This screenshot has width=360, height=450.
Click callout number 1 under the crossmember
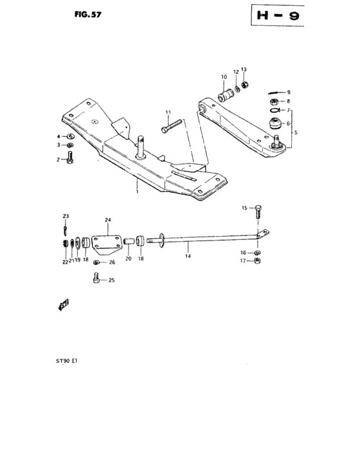(136, 191)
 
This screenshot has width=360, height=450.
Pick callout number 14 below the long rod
(188, 256)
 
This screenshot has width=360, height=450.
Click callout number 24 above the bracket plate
(108, 220)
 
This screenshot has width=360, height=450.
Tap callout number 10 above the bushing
(224, 78)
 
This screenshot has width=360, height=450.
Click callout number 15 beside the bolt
(244, 208)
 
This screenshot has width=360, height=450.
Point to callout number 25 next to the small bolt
(111, 280)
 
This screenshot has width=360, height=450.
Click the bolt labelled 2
(69, 159)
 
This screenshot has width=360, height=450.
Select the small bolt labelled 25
(97, 278)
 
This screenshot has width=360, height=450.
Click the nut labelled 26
(96, 262)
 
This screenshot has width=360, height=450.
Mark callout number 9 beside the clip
(289, 92)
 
